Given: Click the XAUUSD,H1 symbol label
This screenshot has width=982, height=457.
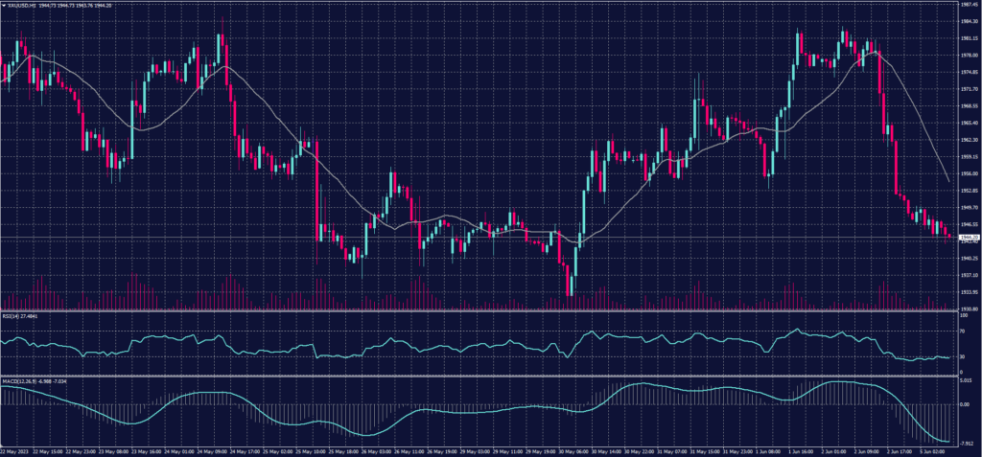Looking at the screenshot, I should point(19,5).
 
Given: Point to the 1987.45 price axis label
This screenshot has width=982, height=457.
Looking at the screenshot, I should point(969,4).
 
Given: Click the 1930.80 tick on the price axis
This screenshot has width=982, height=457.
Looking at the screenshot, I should point(969,308).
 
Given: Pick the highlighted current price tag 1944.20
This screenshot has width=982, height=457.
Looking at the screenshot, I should point(969,237).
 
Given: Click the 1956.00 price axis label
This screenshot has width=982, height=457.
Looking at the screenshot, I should point(969,173).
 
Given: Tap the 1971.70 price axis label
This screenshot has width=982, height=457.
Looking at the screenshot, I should point(969,88).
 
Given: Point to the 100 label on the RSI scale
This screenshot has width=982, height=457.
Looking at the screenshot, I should point(964,314).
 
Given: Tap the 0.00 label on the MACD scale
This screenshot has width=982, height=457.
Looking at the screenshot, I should point(966,403).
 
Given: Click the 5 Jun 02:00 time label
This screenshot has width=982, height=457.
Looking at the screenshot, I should point(935,450).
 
